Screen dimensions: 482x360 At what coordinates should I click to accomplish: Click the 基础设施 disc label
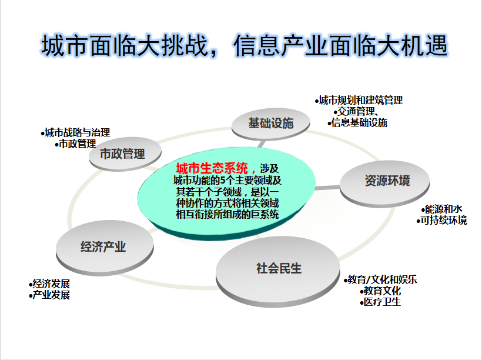271,123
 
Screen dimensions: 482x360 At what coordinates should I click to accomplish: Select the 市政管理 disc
125,154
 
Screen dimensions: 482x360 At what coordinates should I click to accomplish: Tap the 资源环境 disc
384,184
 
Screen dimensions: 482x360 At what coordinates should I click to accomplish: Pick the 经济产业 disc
105,248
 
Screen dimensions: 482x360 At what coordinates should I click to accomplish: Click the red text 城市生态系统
212,169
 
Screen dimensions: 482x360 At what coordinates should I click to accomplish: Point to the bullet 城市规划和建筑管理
359,101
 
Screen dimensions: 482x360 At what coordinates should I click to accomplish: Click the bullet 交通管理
356,111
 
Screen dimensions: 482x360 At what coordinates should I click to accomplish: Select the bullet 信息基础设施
357,122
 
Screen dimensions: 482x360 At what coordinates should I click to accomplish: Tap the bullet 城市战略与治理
75,132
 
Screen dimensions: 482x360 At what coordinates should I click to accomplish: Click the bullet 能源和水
441,209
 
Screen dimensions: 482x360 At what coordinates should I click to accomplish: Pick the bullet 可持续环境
441,221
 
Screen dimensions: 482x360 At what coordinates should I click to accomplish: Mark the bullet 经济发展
49,284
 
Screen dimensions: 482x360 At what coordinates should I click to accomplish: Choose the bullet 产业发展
49,295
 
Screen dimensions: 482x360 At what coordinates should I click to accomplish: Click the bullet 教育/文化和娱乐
380,279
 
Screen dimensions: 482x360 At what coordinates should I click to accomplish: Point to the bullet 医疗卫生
380,302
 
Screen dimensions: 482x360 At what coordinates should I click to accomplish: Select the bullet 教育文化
380,291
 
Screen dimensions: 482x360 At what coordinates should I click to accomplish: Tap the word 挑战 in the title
185,45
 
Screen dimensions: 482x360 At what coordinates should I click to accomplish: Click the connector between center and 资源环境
327,188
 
